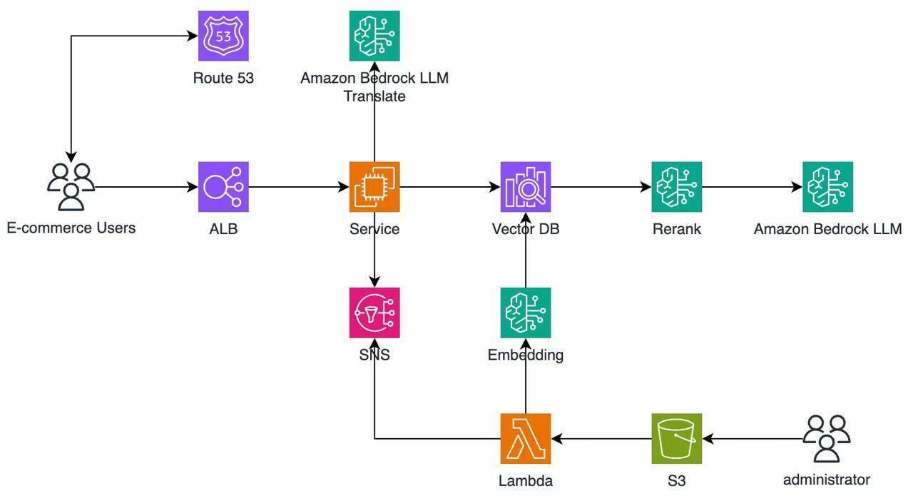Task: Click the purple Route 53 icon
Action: [x=223, y=36]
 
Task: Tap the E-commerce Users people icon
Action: [x=71, y=187]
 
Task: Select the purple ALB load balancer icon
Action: [x=223, y=187]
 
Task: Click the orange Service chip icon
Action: [x=374, y=187]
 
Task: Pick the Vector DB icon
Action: [x=526, y=187]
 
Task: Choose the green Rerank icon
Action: [x=676, y=187]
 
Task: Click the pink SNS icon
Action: [x=374, y=313]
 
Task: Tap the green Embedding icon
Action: [x=526, y=313]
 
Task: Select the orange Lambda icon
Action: [x=526, y=438]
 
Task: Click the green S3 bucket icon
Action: [x=676, y=438]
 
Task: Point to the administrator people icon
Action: [x=827, y=438]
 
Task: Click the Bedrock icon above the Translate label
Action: [x=374, y=36]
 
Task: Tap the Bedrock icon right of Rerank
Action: [x=827, y=187]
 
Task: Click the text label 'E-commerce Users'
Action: [x=71, y=228]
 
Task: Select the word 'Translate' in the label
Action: [x=374, y=96]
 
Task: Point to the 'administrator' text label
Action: [x=827, y=480]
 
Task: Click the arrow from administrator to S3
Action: [x=753, y=438]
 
